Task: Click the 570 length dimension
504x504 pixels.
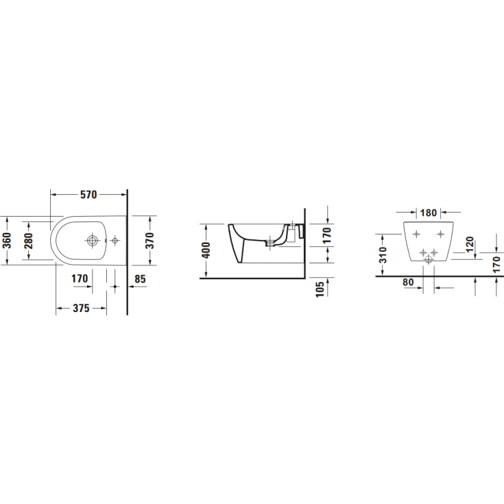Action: coord(88,195)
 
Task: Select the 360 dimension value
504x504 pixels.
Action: coord(6,241)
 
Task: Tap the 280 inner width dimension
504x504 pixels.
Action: coord(28,241)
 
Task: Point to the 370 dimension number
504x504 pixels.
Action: coord(149,241)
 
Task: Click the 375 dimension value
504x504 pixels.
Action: coord(81,309)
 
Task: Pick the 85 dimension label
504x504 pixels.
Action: coord(140,279)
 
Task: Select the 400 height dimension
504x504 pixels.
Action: coord(205,250)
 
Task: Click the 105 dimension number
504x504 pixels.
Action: coord(320,289)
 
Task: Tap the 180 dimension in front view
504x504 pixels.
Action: coord(429,213)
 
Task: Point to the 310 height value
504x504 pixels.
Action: coord(383,255)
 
